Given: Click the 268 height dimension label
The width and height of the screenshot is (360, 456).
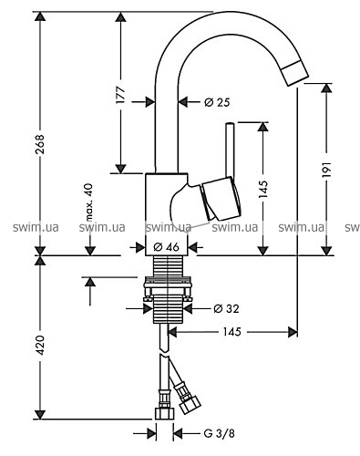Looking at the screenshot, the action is (x=40, y=143).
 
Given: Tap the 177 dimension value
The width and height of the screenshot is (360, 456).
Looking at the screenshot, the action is (x=121, y=95).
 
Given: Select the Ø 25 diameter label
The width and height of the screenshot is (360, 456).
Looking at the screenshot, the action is (x=217, y=102).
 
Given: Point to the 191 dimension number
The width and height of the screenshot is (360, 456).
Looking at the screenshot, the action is (x=326, y=170).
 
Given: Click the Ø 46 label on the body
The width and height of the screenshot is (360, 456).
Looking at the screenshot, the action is (x=167, y=247).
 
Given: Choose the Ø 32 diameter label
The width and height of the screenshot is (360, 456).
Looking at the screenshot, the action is (x=226, y=309).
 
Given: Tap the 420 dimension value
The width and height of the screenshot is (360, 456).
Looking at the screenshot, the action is (x=40, y=345).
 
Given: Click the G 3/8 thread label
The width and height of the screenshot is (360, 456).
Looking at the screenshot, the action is (x=219, y=433).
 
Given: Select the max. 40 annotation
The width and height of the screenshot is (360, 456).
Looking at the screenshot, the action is (x=88, y=202).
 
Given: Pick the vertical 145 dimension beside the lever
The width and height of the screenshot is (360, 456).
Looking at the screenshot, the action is (x=263, y=189).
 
